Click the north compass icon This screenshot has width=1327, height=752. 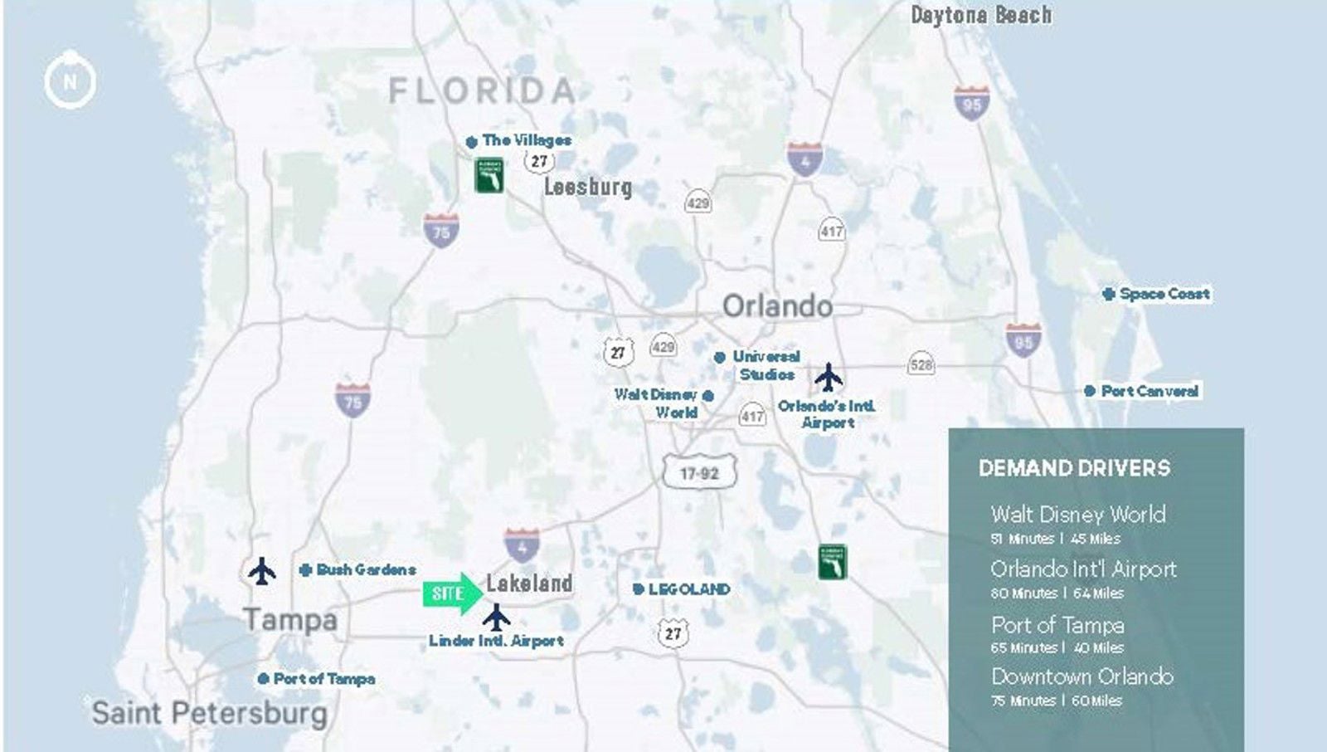pyautogui.click(x=70, y=81)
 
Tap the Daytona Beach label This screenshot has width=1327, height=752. pyautogui.click(x=981, y=15)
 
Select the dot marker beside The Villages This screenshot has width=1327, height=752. pyautogui.click(x=472, y=142)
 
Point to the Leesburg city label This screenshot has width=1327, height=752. pyautogui.click(x=588, y=187)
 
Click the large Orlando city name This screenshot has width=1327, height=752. pyautogui.click(x=777, y=306)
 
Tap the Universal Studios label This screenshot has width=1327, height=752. pyautogui.click(x=766, y=365)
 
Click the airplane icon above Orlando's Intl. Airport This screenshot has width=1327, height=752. pyautogui.click(x=828, y=377)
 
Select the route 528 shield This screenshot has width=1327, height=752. pyautogui.click(x=921, y=364)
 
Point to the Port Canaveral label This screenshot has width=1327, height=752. pyautogui.click(x=1150, y=391)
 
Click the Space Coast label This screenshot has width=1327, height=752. pyautogui.click(x=1164, y=294)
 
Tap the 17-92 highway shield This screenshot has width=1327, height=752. pyautogui.click(x=699, y=473)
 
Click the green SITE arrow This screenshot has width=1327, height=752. pyautogui.click(x=452, y=593)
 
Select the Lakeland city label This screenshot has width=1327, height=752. pyautogui.click(x=529, y=584)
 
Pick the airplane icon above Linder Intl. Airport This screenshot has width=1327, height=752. pyautogui.click(x=496, y=618)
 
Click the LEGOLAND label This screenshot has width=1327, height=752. pyautogui.click(x=689, y=589)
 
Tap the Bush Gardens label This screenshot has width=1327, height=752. pyautogui.click(x=366, y=569)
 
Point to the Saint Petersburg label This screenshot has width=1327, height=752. pyautogui.click(x=209, y=713)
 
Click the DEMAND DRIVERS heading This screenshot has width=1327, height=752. pyautogui.click(x=1074, y=468)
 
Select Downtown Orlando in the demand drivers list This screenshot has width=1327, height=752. pyautogui.click(x=1082, y=676)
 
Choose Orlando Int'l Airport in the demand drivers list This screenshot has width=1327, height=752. pyautogui.click(x=1083, y=569)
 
